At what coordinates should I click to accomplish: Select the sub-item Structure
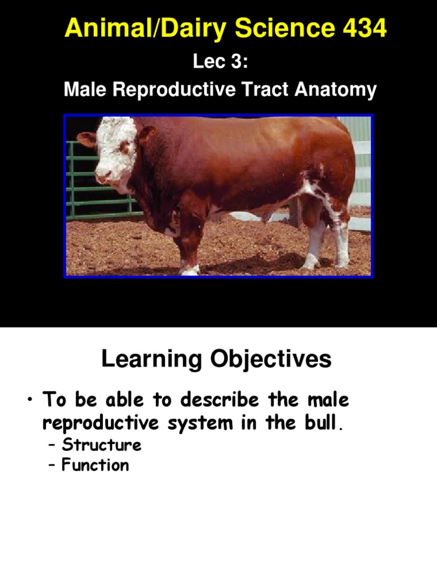pyautogui.click(x=101, y=445)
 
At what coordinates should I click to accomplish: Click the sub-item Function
pyautogui.click(x=96, y=465)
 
